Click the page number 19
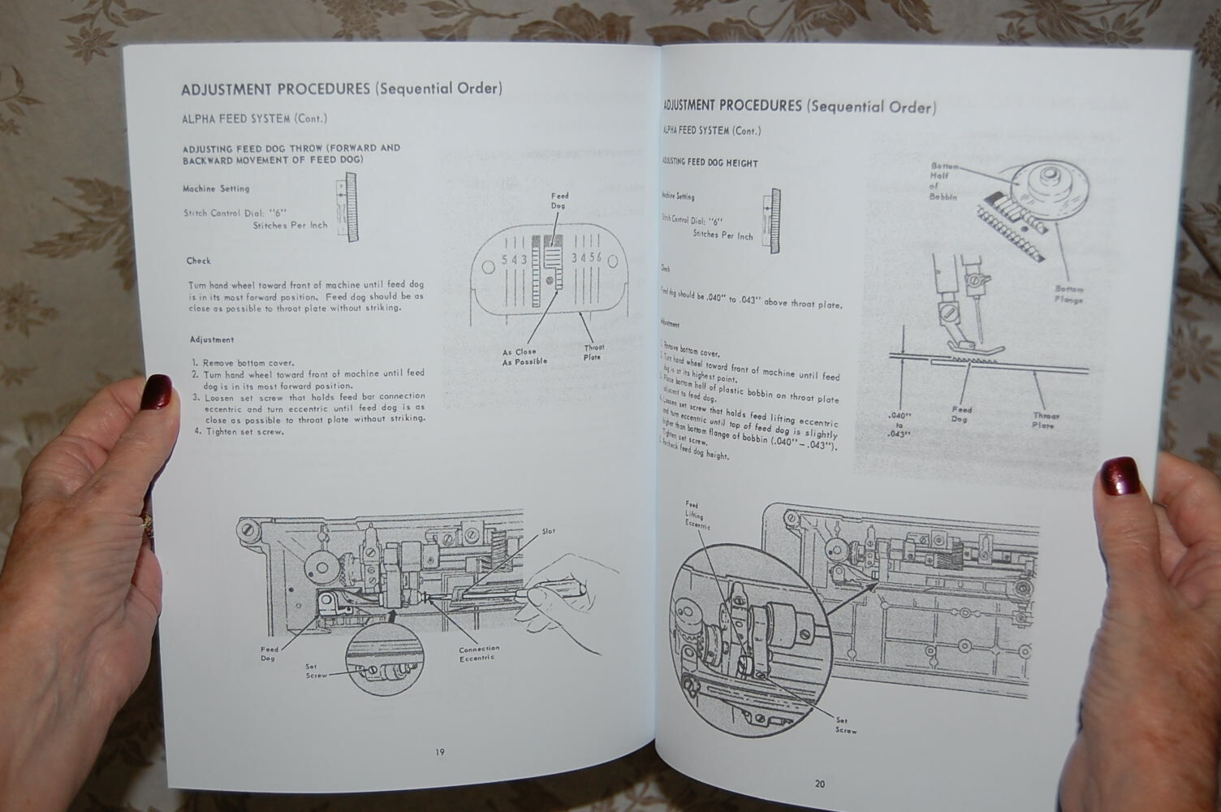coord(439,752)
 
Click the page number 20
coord(820,784)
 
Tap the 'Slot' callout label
coord(549,531)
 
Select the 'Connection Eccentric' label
coord(479,653)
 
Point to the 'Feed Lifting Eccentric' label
coord(697,515)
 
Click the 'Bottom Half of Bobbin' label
coord(944,181)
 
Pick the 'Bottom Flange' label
coord(1068,294)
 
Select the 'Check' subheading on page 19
coord(198,261)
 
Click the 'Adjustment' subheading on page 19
coord(212,339)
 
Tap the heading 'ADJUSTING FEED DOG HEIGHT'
coord(710,162)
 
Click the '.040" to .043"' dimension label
coord(899,424)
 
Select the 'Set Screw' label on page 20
coord(846,724)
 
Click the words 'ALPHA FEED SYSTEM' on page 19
coord(235,119)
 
